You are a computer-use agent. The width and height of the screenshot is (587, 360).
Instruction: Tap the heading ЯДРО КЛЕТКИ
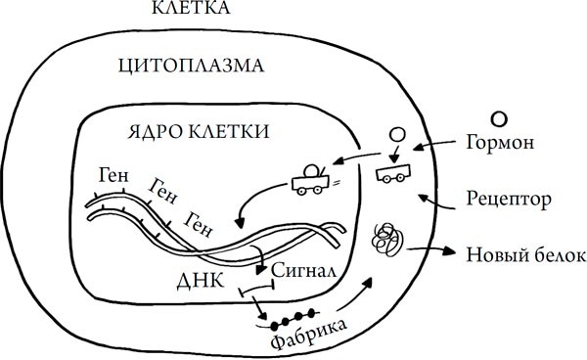[200, 131]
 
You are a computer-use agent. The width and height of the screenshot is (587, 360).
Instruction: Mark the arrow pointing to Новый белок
[436, 251]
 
